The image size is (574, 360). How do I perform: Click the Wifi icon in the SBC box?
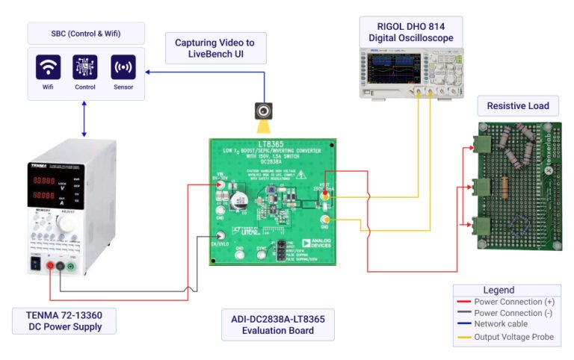49,67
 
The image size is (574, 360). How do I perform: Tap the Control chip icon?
85,67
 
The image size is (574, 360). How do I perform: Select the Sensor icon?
123,67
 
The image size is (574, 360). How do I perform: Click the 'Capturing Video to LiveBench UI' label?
215,49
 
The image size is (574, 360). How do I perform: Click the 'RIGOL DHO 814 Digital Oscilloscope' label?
410,32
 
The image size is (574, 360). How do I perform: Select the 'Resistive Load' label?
517,106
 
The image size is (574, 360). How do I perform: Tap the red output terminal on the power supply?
49,266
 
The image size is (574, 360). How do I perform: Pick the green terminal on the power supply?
70,266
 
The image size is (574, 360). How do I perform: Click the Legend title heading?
499,290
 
